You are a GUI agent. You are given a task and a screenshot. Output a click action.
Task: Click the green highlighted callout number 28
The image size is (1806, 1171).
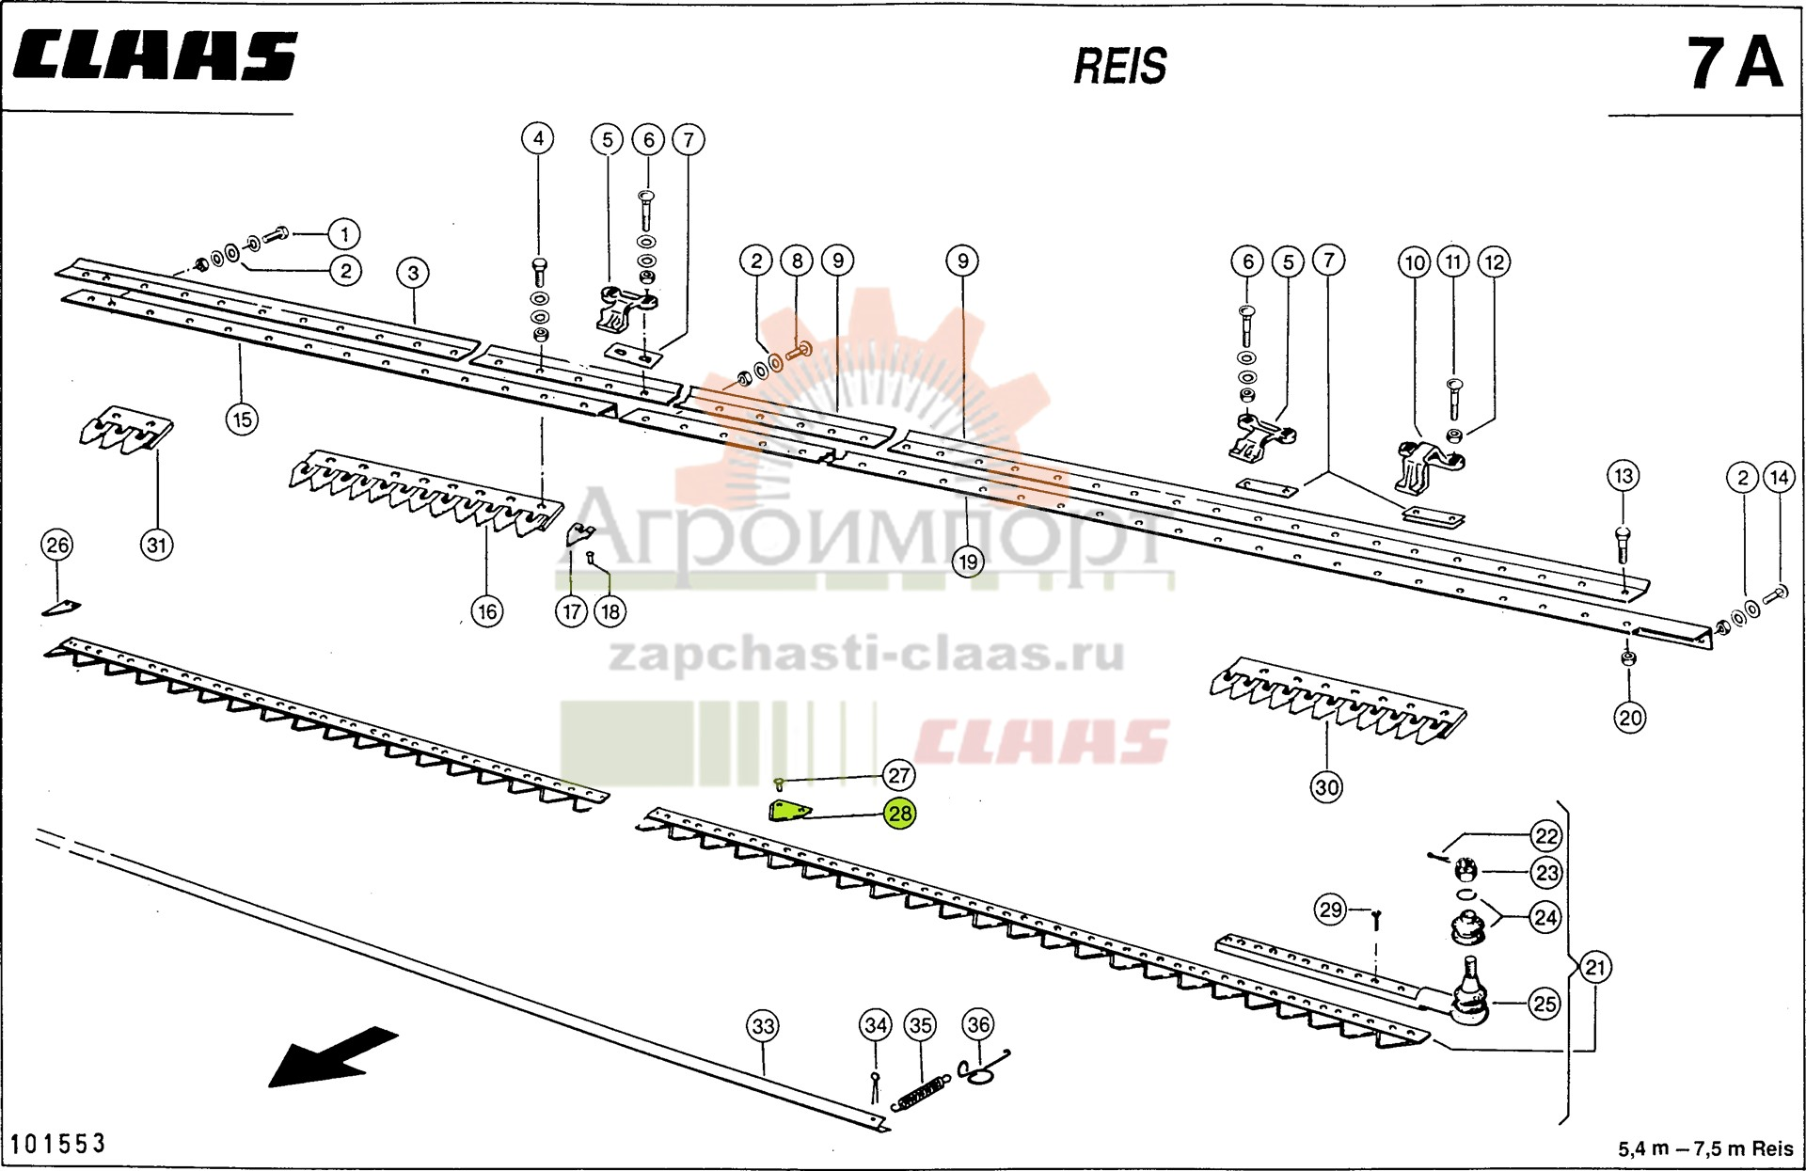click(x=900, y=814)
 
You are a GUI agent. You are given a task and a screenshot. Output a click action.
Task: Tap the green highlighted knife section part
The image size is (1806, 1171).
click(x=789, y=810)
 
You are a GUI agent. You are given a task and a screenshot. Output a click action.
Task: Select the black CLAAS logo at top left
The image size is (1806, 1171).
click(x=155, y=55)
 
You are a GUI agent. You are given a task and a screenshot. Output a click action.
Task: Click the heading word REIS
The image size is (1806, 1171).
click(x=1120, y=66)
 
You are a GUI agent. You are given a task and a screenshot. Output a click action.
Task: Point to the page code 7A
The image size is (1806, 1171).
click(x=1735, y=63)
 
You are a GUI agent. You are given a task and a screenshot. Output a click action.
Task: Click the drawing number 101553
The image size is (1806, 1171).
click(x=58, y=1144)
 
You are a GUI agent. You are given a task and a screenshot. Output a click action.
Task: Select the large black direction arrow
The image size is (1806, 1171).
click(x=334, y=1056)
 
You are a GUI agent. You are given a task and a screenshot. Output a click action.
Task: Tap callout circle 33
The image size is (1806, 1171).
click(x=763, y=1025)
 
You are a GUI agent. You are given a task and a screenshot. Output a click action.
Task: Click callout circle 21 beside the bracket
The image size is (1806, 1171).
click(x=1595, y=967)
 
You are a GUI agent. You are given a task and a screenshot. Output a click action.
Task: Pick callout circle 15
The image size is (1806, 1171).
click(x=242, y=419)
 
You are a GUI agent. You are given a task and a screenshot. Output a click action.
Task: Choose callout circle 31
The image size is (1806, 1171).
click(x=157, y=545)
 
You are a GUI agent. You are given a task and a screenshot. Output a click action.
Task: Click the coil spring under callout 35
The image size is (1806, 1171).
click(x=921, y=1094)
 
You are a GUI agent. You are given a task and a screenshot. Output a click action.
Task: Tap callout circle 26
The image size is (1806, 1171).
click(x=57, y=545)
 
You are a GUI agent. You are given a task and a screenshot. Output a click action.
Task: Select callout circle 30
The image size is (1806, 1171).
click(x=1326, y=786)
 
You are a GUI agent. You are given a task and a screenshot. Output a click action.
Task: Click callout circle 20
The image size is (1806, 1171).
click(x=1630, y=718)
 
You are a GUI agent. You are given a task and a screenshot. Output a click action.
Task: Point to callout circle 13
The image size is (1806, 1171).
click(x=1624, y=476)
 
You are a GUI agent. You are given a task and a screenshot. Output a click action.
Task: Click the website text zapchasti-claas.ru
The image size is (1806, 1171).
click(x=866, y=654)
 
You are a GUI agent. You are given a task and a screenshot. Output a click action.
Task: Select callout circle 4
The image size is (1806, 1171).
click(x=538, y=139)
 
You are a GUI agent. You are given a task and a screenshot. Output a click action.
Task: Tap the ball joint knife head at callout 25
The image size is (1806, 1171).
click(x=1467, y=992)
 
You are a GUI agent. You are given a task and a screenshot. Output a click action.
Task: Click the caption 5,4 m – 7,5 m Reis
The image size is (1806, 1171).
click(x=1705, y=1148)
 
